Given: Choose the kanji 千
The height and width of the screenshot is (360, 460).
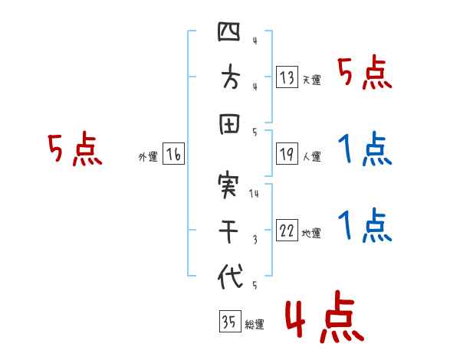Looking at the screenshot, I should [229, 231].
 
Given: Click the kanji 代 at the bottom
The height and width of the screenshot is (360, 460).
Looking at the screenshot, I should [229, 276].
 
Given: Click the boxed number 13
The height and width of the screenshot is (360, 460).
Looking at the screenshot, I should [286, 77].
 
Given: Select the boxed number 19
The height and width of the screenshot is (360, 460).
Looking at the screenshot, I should [286, 154].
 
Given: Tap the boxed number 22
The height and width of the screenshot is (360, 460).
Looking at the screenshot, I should [286, 231].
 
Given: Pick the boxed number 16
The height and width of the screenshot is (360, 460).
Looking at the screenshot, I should [172, 155].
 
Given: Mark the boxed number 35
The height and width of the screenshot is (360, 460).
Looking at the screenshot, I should [228, 322].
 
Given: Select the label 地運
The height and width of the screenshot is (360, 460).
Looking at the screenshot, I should [311, 234].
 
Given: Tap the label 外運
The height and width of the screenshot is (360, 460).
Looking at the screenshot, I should [147, 157].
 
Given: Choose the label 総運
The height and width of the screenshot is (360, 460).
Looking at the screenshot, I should [255, 324].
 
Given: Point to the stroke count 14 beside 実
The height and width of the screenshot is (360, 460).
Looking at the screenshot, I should [254, 194].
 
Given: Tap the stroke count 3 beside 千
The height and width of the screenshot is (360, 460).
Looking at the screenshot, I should [254, 240].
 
